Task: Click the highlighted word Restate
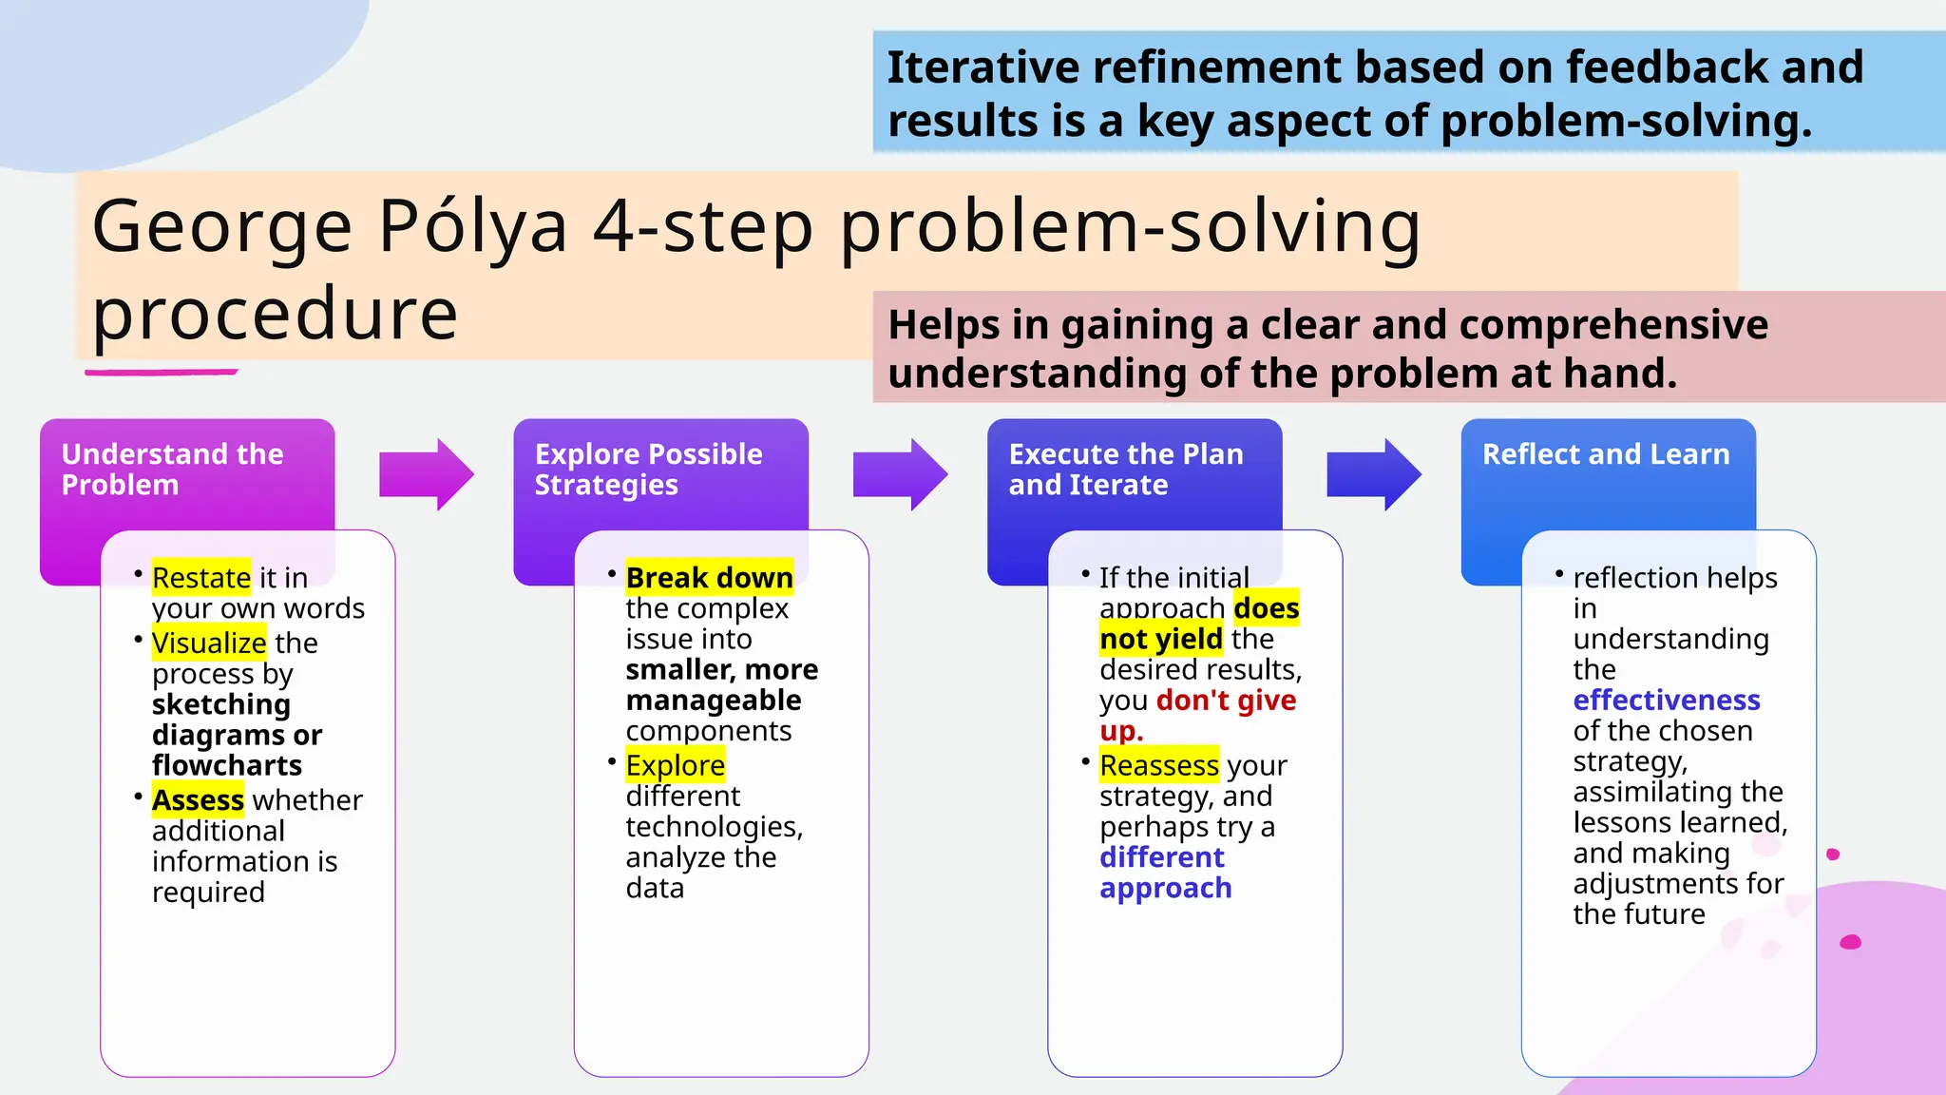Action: pyautogui.click(x=200, y=578)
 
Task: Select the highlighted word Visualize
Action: pyautogui.click(x=209, y=644)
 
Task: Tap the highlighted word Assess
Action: pyautogui.click(x=198, y=800)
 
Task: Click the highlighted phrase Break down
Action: pyautogui.click(x=709, y=578)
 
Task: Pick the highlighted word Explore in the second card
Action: pyautogui.click(x=675, y=766)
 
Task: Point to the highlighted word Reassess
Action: pyautogui.click(x=1158, y=766)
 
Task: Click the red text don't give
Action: pyautogui.click(x=1226, y=701)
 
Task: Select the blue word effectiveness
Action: pyautogui.click(x=1666, y=701)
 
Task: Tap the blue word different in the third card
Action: pyautogui.click(x=1161, y=857)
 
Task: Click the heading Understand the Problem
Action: pyautogui.click(x=171, y=470)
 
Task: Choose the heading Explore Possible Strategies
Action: pyautogui.click(x=648, y=470)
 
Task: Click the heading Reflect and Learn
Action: pyautogui.click(x=1606, y=454)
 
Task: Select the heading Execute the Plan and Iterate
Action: pyautogui.click(x=1125, y=470)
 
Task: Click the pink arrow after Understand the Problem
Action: pyautogui.click(x=426, y=474)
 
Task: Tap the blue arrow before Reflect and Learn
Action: pyautogui.click(x=1373, y=474)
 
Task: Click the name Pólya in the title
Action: pyautogui.click(x=472, y=228)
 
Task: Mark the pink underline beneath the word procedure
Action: pyautogui.click(x=161, y=372)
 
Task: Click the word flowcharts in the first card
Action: pyautogui.click(x=226, y=766)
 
